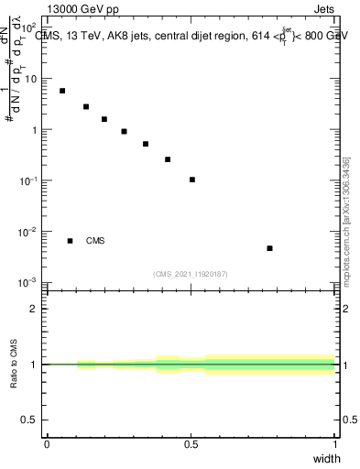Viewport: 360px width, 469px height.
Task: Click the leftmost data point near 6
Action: pyautogui.click(x=62, y=91)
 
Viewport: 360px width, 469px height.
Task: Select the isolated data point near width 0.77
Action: pyautogui.click(x=269, y=248)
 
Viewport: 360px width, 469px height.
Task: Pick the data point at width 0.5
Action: pyautogui.click(x=192, y=180)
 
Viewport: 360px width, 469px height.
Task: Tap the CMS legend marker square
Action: pyautogui.click(x=71, y=241)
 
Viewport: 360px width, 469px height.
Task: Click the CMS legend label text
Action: pyautogui.click(x=95, y=241)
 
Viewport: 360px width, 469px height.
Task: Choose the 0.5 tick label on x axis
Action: pyautogui.click(x=191, y=443)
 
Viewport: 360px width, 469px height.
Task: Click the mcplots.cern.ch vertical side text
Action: pyautogui.click(x=346, y=229)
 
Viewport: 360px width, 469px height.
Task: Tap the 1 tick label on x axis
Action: pyautogui.click(x=335, y=443)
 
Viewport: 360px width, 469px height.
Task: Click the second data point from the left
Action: pyautogui.click(x=86, y=106)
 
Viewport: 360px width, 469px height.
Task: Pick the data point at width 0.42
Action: pyautogui.click(x=168, y=159)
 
